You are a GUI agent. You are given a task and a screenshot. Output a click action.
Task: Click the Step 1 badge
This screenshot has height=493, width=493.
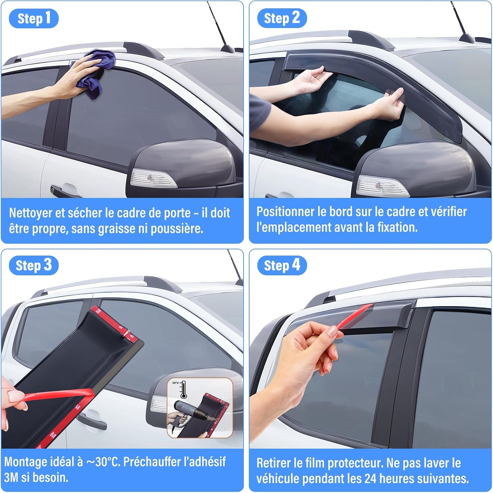point(34,18)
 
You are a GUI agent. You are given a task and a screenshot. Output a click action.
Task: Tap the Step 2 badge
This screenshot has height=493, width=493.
point(282,18)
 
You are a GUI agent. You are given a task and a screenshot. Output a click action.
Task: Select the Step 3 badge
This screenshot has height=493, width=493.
point(34,265)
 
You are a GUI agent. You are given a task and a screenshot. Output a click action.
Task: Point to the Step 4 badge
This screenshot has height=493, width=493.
point(282,265)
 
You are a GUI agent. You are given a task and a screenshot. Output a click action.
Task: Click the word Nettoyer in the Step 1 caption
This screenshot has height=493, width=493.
point(30,213)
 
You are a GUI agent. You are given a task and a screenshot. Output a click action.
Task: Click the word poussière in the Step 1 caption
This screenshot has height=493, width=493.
point(177,229)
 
